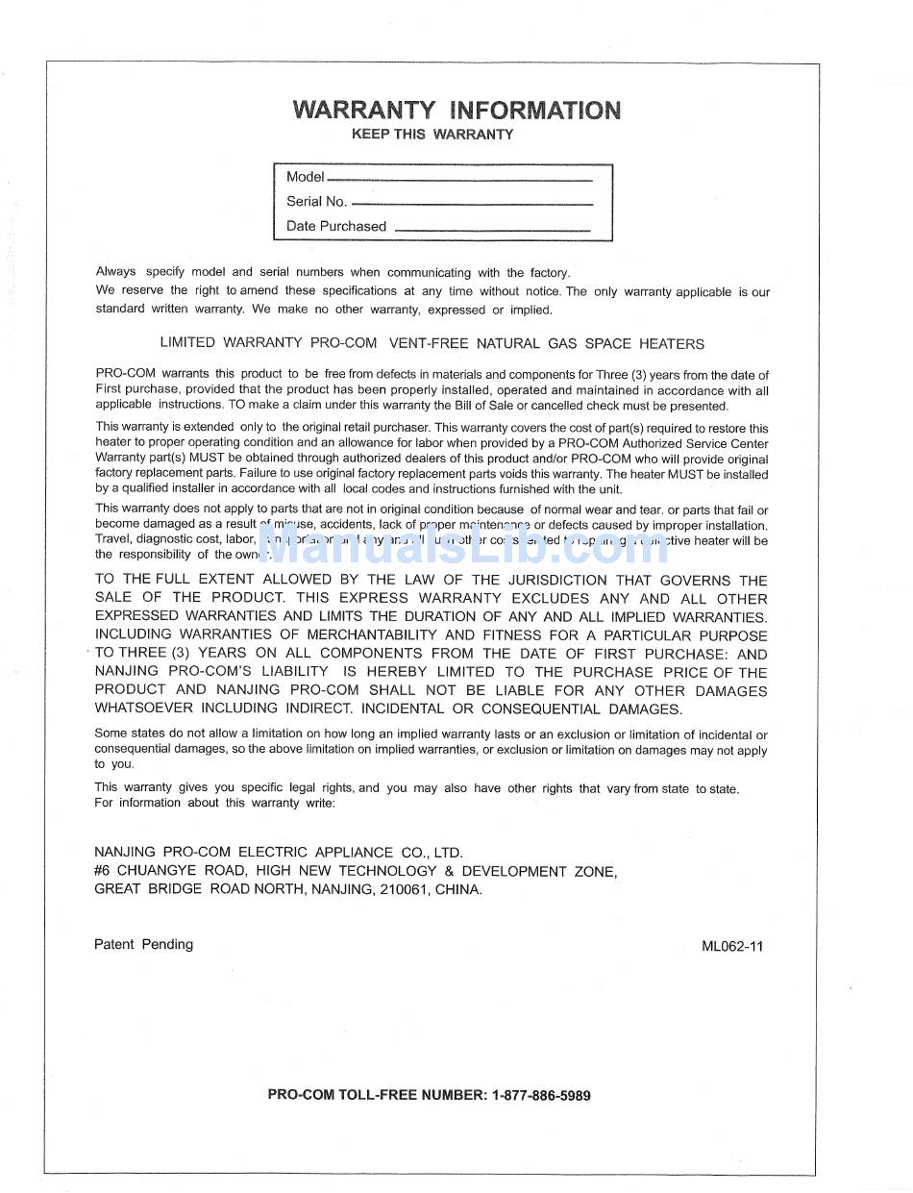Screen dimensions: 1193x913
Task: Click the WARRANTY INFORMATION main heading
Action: click(x=456, y=110)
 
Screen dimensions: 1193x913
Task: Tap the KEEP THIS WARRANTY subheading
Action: click(x=432, y=135)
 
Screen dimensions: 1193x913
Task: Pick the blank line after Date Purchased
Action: click(x=492, y=230)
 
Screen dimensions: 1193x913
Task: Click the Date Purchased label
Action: click(x=335, y=227)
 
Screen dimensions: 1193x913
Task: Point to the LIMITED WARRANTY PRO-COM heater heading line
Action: click(x=432, y=344)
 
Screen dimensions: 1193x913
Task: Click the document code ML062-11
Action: click(x=732, y=946)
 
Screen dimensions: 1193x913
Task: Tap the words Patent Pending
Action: click(x=143, y=944)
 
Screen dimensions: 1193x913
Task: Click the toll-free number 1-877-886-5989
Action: click(x=541, y=1095)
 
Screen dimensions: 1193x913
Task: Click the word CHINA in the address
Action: click(x=457, y=889)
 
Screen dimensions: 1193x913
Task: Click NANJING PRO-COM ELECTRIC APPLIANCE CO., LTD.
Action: click(x=278, y=852)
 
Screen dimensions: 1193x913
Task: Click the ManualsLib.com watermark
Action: click(x=461, y=544)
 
